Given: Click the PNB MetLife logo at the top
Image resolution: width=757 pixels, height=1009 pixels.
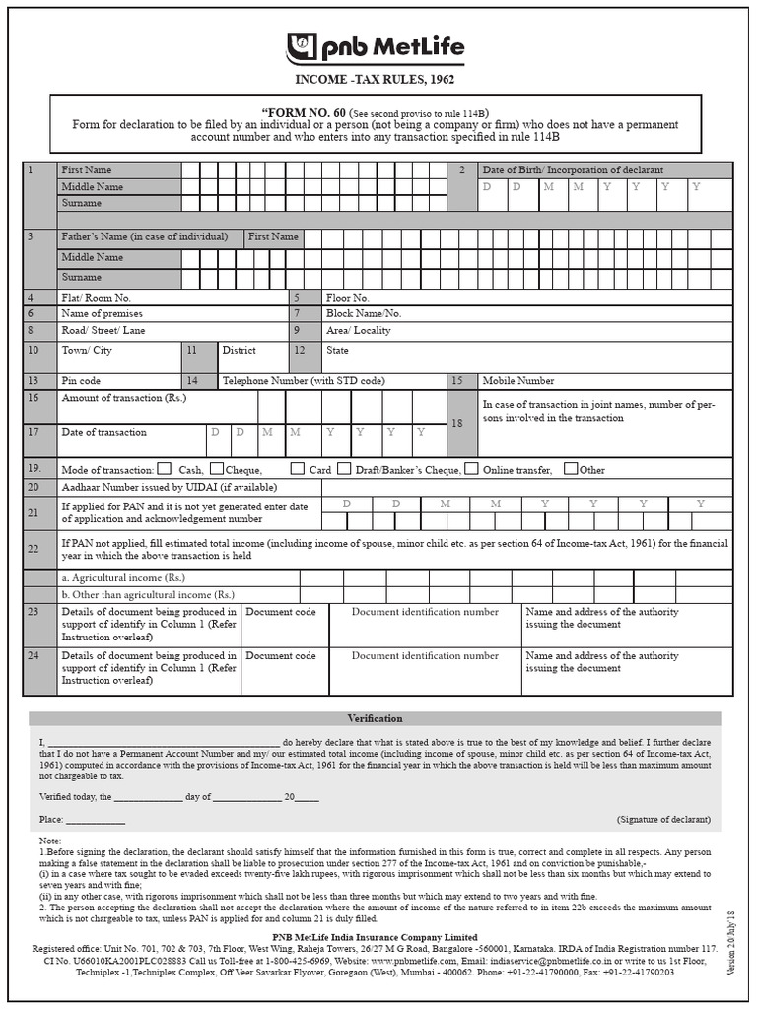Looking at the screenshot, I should coord(375,48).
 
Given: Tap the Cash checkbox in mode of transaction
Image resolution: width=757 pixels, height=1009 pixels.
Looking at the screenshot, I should coord(165,469).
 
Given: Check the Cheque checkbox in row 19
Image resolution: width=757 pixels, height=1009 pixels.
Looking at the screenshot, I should coord(217,469).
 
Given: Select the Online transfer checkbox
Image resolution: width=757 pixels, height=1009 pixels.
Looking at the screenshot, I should coord(472,469).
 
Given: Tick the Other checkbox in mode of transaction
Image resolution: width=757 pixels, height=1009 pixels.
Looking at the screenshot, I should coord(571,469).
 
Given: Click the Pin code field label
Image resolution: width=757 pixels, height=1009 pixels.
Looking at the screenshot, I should coord(81,381).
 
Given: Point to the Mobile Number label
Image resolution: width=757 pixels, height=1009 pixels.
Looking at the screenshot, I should coord(517,381).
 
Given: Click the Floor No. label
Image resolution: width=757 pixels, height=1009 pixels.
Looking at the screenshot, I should coord(347,298).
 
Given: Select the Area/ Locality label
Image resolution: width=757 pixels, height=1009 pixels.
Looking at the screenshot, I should coord(358,331).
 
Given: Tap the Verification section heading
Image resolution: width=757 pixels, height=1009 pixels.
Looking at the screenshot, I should coord(375,719).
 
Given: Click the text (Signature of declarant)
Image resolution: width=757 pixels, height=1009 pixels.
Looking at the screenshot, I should coord(663,820).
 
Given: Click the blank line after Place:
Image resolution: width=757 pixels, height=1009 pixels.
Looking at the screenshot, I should coord(96,821).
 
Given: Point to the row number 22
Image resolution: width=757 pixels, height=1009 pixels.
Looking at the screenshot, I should coord(34,549).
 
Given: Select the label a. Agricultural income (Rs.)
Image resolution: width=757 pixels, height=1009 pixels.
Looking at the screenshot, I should coord(123,578).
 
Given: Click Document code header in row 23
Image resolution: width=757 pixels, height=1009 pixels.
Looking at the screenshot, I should coord(281,613).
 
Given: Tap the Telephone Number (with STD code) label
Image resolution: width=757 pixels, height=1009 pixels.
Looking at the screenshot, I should coord(304,381).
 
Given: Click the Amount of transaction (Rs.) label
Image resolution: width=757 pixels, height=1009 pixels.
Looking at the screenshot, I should coord(123,398).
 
